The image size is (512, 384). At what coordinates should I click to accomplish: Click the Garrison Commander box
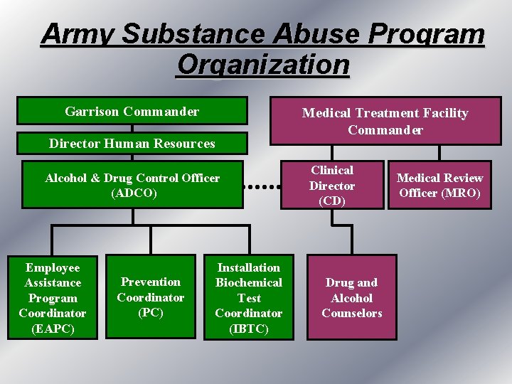(132, 111)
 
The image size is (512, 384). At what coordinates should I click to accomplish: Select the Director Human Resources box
(132, 144)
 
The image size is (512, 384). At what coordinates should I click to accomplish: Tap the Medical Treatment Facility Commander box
(385, 121)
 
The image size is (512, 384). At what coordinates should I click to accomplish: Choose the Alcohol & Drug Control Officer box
(132, 185)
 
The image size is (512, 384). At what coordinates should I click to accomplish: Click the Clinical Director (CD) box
(331, 186)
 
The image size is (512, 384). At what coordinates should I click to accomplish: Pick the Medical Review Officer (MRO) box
(439, 186)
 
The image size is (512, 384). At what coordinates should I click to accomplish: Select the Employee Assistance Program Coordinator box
(53, 297)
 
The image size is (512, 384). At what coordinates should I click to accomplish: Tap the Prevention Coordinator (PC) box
(151, 297)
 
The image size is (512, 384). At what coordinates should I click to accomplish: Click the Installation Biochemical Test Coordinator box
(249, 297)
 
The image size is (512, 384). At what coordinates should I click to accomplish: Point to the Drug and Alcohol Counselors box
(352, 297)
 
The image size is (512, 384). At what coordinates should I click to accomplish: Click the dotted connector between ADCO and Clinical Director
(264, 186)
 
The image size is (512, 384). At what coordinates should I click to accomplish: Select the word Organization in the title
(263, 64)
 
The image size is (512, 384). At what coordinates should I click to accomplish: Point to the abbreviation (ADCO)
(132, 193)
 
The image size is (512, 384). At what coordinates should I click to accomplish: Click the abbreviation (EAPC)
(53, 329)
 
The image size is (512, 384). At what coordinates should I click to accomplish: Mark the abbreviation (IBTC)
(249, 329)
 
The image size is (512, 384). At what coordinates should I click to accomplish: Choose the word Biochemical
(249, 283)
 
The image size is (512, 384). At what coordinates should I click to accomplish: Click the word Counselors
(352, 313)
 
